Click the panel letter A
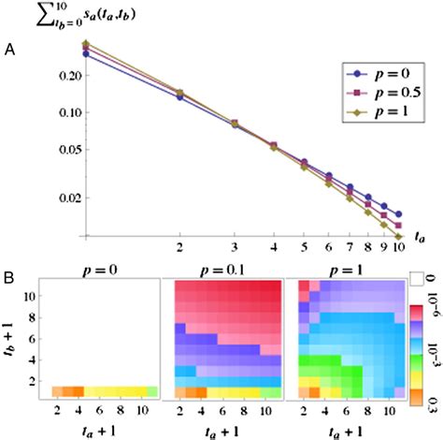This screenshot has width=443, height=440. click(x=10, y=51)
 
